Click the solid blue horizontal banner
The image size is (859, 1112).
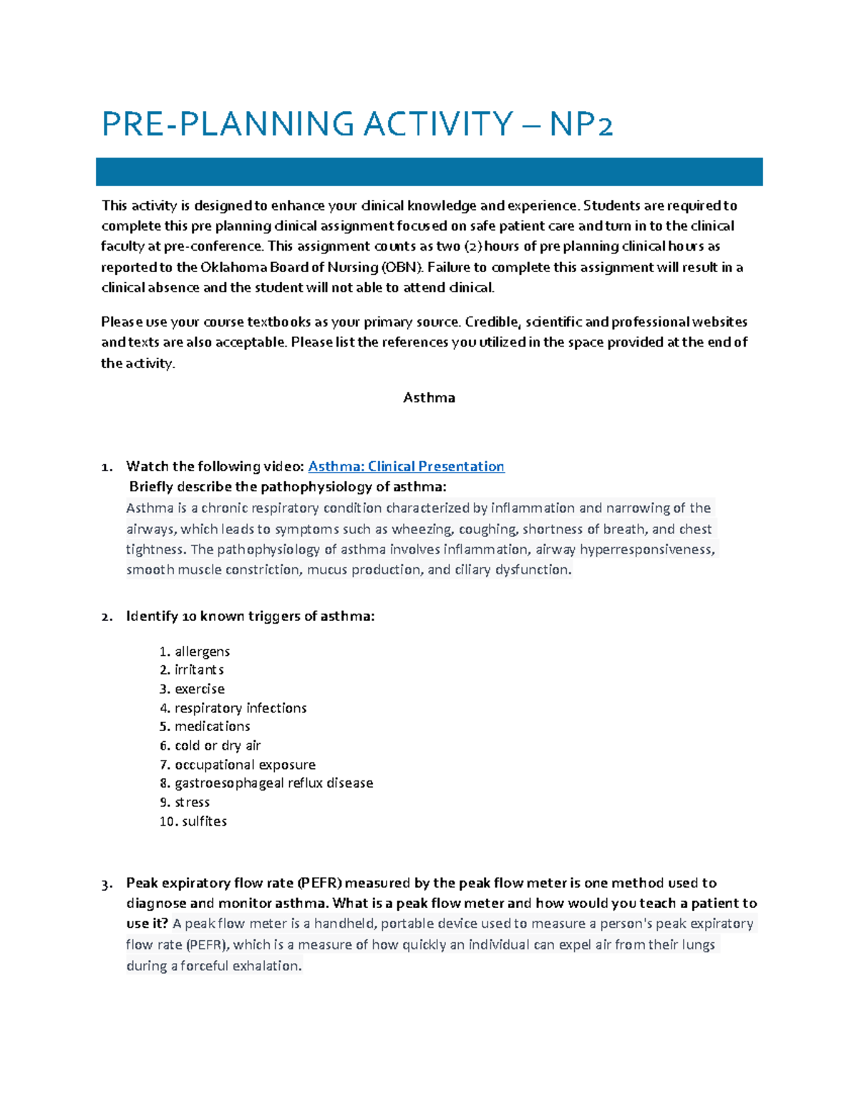coord(429,172)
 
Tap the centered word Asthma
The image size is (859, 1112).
coord(429,397)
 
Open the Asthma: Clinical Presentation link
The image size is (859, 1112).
coord(406,466)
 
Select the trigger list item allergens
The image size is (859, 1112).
coord(202,652)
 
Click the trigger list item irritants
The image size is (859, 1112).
coord(199,669)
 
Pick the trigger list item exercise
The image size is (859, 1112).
coord(200,689)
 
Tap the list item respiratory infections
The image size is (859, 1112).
coord(241,707)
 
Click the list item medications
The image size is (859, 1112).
coord(212,726)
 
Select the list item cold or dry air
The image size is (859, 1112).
coord(218,745)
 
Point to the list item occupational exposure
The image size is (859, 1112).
coord(245,765)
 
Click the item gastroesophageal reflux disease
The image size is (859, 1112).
coord(273,783)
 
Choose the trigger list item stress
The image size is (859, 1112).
coord(192,802)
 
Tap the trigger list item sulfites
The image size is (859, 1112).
coord(204,821)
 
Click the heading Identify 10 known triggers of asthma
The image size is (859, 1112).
coord(250,616)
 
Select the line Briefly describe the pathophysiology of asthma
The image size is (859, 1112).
coord(287,487)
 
